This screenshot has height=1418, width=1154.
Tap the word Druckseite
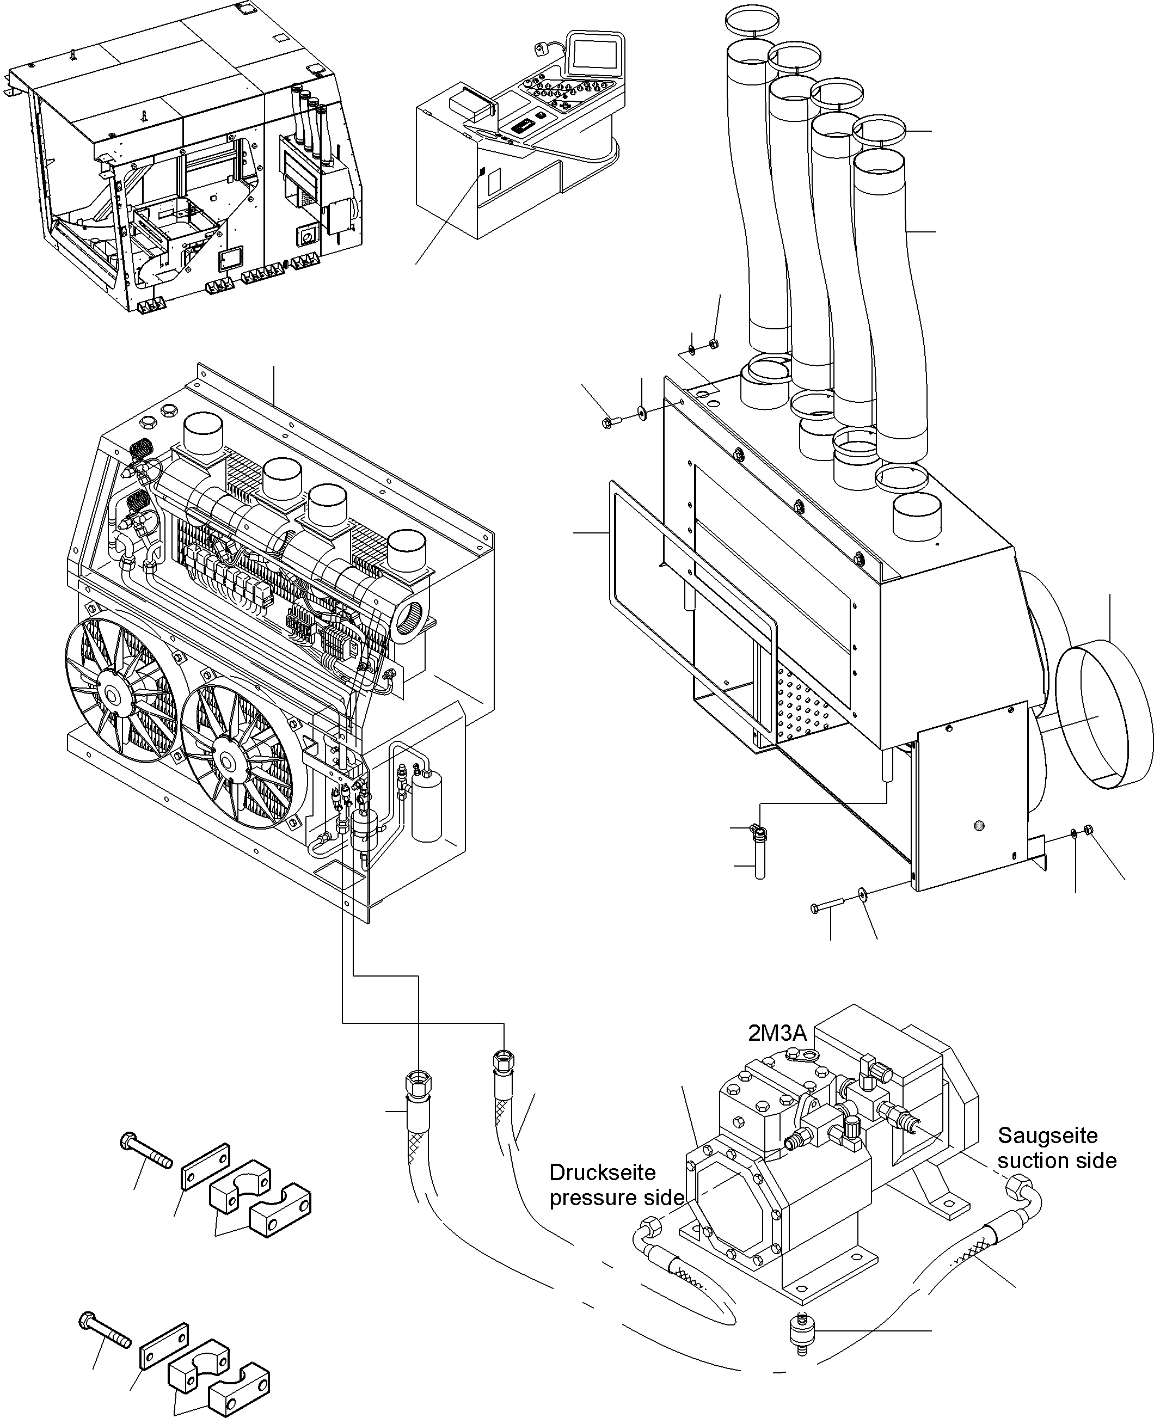coord(601,1172)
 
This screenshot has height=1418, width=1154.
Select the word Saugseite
coord(1047,1135)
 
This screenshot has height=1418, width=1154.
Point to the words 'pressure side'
coord(616,1198)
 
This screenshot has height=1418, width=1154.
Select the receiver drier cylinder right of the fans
coord(426,808)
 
